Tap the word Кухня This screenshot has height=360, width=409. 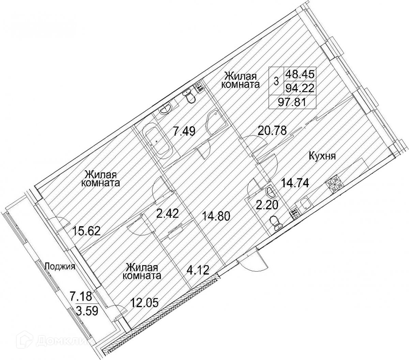[322, 157]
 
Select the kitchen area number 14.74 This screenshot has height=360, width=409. [295, 183]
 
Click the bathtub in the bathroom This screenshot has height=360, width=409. [157, 144]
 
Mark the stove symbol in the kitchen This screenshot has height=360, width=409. [333, 184]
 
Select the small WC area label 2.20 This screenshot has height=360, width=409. [267, 205]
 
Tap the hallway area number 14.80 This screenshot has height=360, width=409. [216, 216]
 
